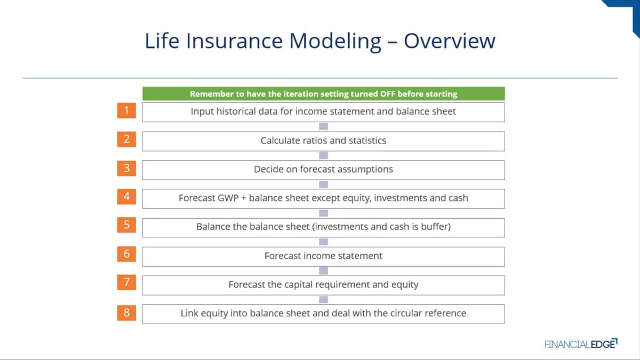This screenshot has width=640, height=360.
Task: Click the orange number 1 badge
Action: tap(126, 110)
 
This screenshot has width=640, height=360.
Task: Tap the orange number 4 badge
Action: tap(126, 197)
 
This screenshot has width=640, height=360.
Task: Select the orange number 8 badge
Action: tap(126, 313)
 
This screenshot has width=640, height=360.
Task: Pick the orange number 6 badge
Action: tap(126, 254)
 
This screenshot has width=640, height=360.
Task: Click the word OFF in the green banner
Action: tap(387, 94)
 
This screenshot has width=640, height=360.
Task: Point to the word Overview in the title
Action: tap(450, 41)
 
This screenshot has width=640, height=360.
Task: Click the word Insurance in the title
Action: tap(234, 41)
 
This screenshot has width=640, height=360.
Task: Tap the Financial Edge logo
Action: tap(581, 343)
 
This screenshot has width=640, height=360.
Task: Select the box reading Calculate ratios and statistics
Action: tap(323, 141)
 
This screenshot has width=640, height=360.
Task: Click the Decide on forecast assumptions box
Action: tap(323, 170)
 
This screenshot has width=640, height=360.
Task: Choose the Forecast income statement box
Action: tap(323, 257)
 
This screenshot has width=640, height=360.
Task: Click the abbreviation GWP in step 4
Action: tap(228, 198)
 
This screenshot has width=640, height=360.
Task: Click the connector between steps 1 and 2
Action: tap(323, 126)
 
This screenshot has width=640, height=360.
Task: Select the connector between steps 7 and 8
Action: tap(323, 300)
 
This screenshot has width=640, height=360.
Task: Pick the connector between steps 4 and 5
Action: tap(323, 213)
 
